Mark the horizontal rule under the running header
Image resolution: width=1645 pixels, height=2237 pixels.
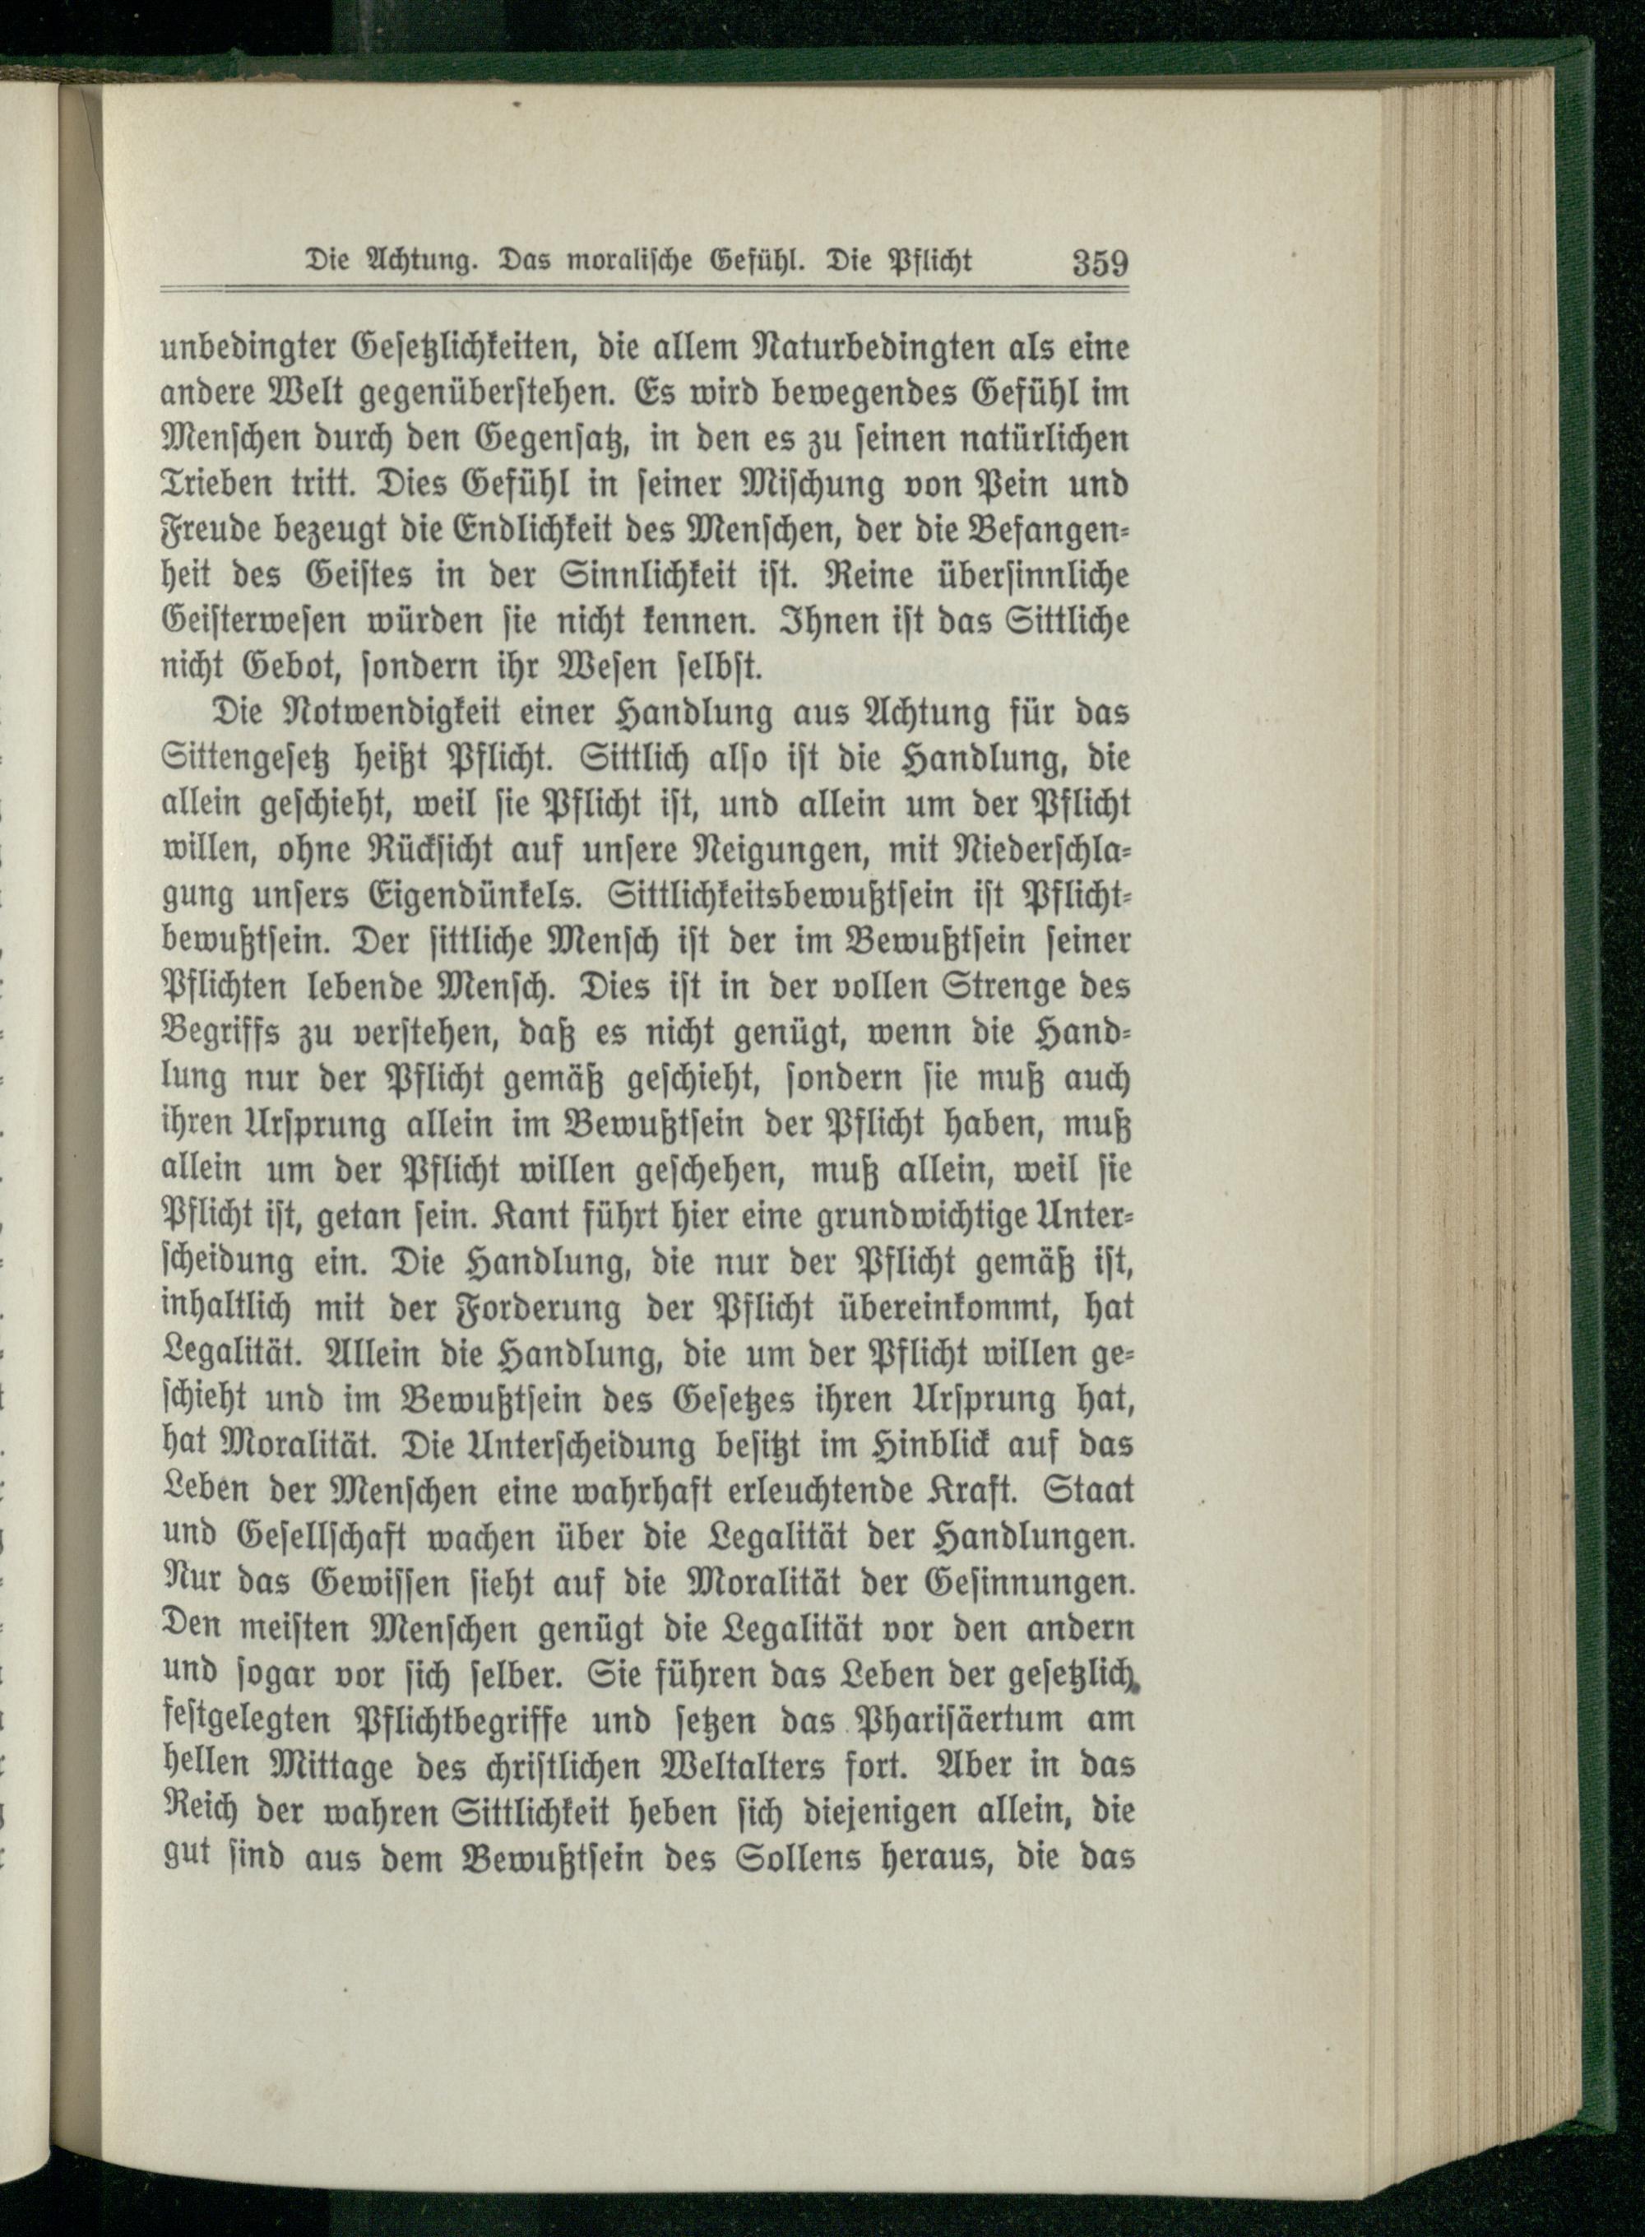coord(643,290)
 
